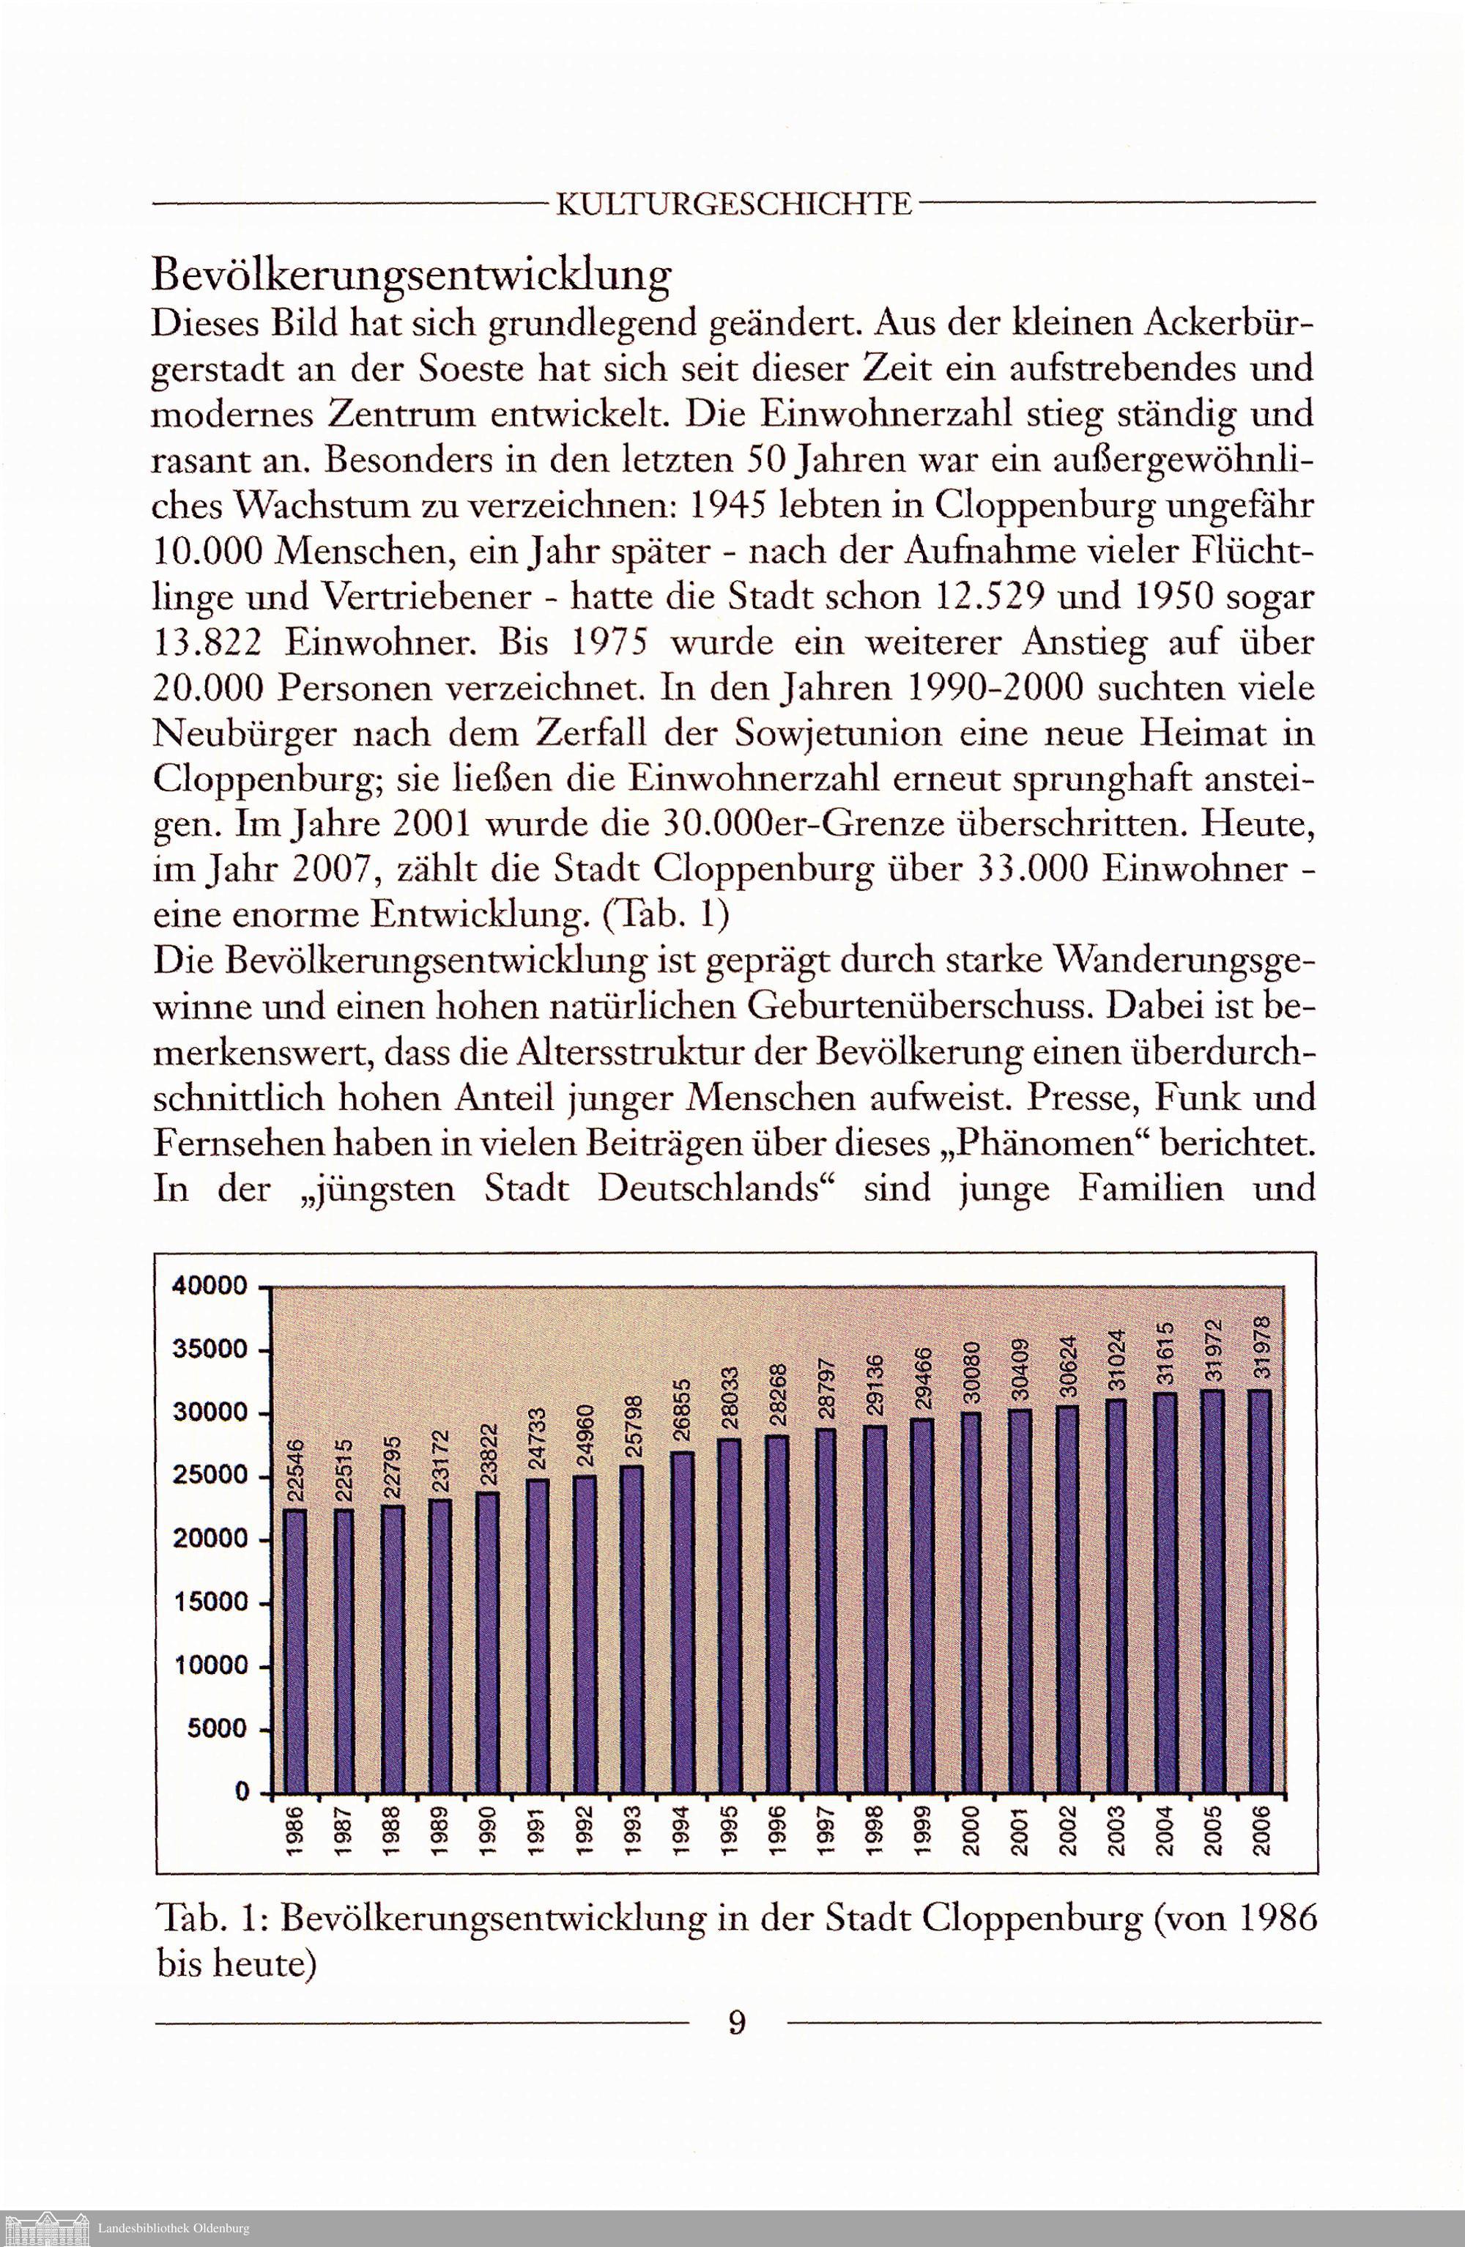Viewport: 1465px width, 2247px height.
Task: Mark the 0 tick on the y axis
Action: tap(242, 1793)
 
